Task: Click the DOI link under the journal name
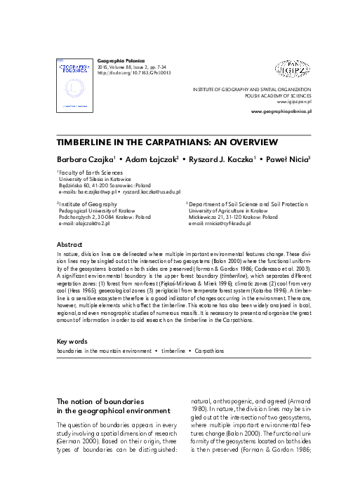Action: coord(133,72)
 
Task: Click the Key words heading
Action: coord(72,342)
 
